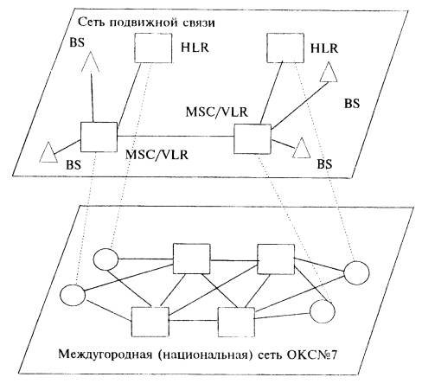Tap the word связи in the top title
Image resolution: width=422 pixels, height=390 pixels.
(198, 22)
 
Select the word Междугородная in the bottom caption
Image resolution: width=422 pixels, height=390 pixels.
(105, 355)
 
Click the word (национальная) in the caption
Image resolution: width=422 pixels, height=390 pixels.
(203, 355)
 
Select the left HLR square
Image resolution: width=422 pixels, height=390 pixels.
(153, 48)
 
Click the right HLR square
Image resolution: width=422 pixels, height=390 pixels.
(285, 48)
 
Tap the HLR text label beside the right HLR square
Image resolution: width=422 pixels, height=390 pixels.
(324, 48)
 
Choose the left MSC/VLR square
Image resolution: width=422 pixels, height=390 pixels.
(99, 137)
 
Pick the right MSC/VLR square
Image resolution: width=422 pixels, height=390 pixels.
(253, 139)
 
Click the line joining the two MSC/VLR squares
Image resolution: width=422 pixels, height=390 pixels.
(176, 136)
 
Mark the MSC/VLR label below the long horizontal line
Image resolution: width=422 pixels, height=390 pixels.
(157, 155)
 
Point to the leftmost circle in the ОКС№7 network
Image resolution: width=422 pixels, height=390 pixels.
(73, 295)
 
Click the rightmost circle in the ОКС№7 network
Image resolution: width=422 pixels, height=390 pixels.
(356, 272)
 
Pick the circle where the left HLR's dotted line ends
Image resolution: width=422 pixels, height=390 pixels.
(105, 259)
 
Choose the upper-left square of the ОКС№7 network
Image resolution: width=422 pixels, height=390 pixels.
(191, 259)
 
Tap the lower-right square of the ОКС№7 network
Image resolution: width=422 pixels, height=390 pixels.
(236, 322)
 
